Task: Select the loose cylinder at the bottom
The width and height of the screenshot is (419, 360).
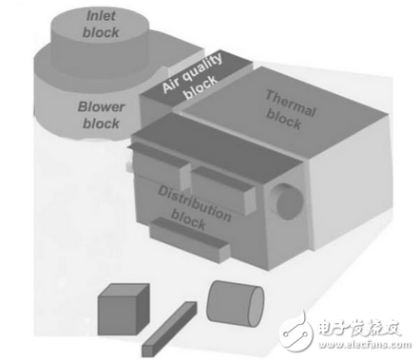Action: coord(234,305)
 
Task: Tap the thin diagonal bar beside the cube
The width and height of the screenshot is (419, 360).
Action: coord(169,328)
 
